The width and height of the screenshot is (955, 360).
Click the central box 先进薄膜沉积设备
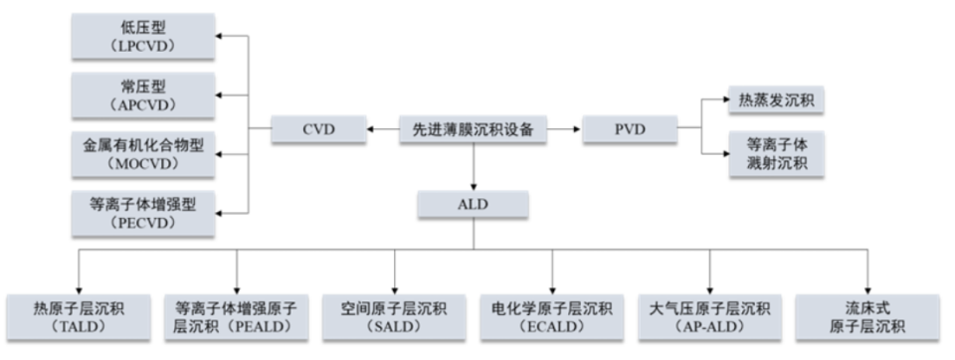coord(474,128)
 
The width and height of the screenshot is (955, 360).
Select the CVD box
coord(317,128)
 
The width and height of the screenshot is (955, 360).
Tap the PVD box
coord(629,128)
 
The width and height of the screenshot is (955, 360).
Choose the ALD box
coord(474,204)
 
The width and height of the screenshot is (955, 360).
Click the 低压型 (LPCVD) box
coord(144,35)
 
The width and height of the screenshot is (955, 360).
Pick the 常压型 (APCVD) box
coord(144,95)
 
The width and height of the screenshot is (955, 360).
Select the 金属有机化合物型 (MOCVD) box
coord(144,154)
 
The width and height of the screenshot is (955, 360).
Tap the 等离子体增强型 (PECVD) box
coord(144,213)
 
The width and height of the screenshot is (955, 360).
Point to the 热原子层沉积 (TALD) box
coord(79,316)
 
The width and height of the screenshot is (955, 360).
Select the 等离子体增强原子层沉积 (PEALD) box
coord(236,316)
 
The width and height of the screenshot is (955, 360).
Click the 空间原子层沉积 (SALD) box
coord(394,316)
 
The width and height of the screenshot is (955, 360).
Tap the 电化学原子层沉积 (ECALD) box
coord(552,316)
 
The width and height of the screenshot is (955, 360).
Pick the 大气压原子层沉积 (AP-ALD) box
coord(710,316)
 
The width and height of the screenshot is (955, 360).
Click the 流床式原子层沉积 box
coord(867,316)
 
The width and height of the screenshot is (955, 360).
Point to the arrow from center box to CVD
coord(381,128)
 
